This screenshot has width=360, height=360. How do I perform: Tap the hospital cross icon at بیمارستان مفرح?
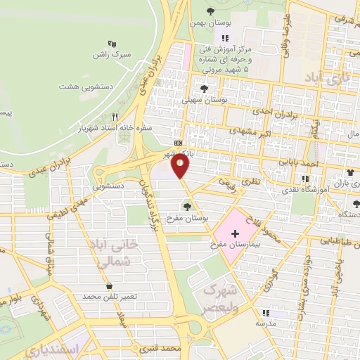click(x=235, y=233)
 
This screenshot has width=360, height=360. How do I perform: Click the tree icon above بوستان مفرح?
click(x=187, y=206)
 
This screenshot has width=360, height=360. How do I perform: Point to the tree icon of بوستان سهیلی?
click(x=204, y=89)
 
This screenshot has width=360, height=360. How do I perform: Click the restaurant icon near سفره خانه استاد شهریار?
click(x=115, y=118)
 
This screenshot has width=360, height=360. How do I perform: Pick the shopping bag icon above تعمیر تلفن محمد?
click(x=108, y=285)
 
